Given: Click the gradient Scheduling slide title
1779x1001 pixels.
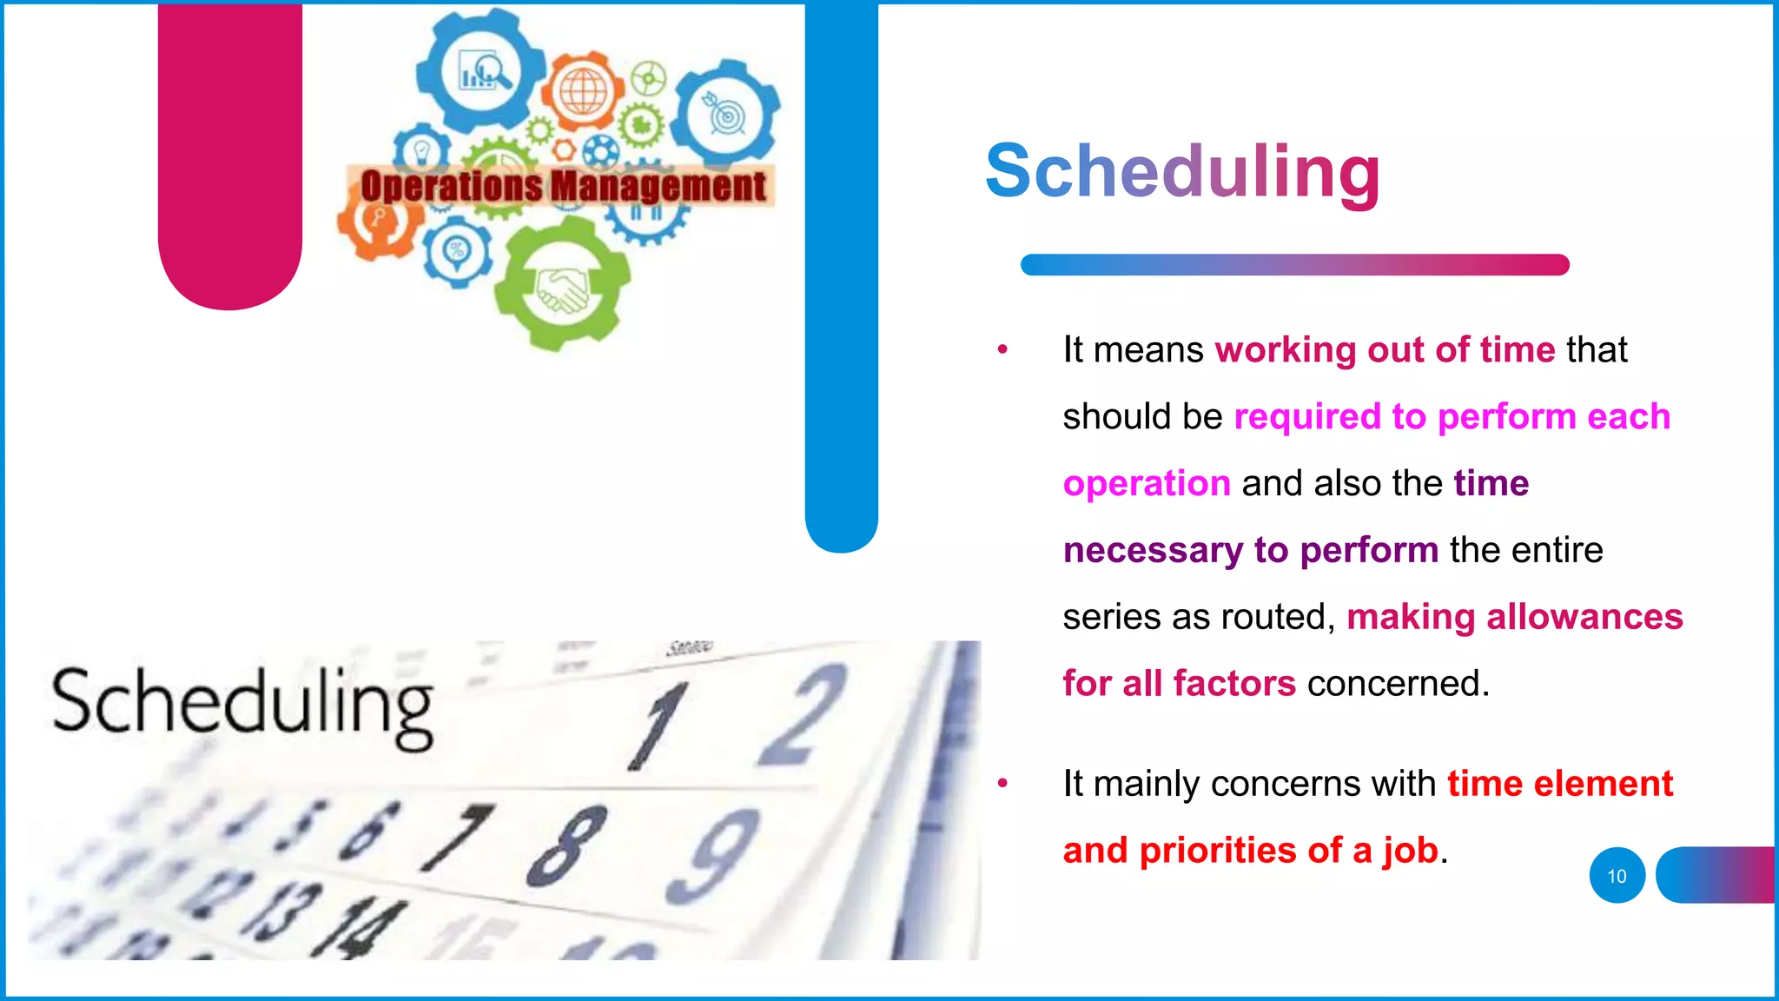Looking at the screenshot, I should tap(1182, 172).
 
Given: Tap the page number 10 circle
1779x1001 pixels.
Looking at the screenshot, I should tap(1617, 876).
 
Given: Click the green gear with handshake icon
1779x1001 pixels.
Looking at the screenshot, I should tap(562, 285).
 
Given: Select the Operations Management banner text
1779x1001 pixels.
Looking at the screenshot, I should tap(563, 186).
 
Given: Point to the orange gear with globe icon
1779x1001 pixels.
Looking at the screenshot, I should tap(584, 91).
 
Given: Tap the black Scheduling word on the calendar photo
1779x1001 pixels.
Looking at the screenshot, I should tap(242, 706).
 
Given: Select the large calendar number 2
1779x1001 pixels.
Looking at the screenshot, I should tap(804, 714).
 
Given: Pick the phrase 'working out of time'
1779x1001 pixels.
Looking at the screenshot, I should tap(1385, 350).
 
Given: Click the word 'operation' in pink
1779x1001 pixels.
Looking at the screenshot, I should tap(1147, 484).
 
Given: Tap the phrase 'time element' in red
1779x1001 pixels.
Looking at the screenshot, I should tap(1559, 784).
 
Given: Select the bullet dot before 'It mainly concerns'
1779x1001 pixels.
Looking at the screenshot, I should tap(1002, 783).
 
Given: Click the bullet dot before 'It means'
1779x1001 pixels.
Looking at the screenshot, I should tap(1002, 349).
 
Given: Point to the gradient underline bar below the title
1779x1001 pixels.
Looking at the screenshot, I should tap(1294, 265).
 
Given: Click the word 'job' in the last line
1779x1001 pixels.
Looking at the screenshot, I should tap(1411, 852).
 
